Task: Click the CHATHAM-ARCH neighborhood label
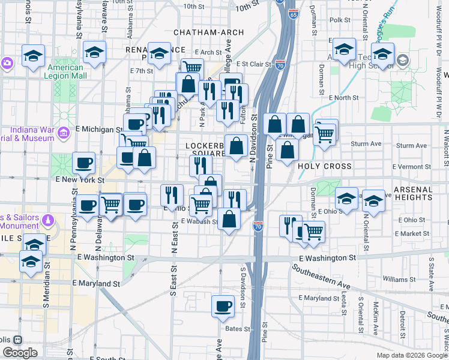click(x=208, y=32)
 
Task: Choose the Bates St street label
click(x=237, y=328)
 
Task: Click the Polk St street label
click(x=340, y=20)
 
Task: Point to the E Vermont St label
click(x=412, y=166)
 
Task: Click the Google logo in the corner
click(x=20, y=353)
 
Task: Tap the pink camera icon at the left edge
click(x=7, y=62)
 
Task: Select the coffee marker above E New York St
click(x=83, y=163)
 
